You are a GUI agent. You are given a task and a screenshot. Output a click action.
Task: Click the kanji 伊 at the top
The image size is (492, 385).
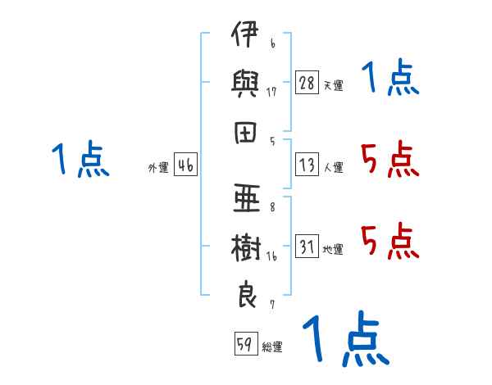coord(245,34)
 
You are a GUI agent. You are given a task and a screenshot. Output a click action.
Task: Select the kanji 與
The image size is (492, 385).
coord(245,84)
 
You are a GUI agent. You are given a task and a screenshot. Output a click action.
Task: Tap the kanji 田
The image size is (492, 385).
coord(245,133)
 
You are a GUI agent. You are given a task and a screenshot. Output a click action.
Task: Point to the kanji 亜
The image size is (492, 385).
coord(247,198)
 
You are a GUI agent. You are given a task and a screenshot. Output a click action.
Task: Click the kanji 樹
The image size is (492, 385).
coord(246,247)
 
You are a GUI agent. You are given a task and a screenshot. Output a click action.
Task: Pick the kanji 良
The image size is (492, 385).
coord(247,294)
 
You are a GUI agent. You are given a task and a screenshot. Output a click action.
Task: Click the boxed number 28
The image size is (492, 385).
coord(307,83)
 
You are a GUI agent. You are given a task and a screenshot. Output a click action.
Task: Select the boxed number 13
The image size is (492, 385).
coord(307,165)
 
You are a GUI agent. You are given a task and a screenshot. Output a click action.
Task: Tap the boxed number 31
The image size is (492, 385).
coord(307,246)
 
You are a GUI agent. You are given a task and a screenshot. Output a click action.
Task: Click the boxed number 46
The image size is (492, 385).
coord(185,165)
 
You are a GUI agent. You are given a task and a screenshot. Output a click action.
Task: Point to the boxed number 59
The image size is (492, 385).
coord(246,343)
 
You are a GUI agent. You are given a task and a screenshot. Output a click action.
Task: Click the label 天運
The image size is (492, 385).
coord(334,85)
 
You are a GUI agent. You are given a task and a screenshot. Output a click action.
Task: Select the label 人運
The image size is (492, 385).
coord(334,167)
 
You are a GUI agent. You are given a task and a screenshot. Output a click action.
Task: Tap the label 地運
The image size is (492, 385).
coord(333,250)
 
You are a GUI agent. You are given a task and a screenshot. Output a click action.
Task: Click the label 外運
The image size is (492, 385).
coord(158,168)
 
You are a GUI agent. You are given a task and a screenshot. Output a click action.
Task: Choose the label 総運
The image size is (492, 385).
coord(272,346)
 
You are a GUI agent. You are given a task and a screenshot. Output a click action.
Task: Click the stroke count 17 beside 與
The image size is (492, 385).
coord(271,92)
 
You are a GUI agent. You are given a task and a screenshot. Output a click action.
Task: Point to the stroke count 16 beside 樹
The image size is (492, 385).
coord(271,256)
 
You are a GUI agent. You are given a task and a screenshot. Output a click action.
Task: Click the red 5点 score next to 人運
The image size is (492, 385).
coord(389,159)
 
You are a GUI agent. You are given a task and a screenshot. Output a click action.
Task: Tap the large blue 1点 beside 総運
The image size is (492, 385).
coord(346,338)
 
